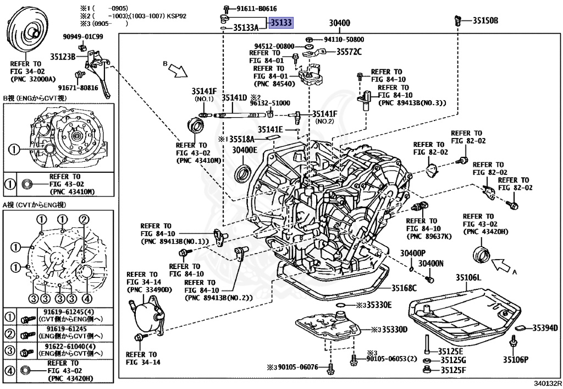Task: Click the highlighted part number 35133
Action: [x=280, y=23]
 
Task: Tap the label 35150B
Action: [x=485, y=21]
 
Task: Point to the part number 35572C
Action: [x=350, y=52]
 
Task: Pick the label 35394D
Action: [x=545, y=328]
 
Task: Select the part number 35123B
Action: [x=63, y=56]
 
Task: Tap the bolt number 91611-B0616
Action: [x=257, y=9]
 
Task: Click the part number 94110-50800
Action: [x=344, y=40]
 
